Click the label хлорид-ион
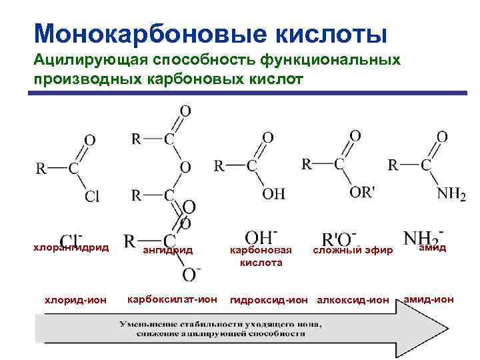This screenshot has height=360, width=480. pyautogui.click(x=75, y=300)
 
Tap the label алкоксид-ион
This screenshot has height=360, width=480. pyautogui.click(x=353, y=300)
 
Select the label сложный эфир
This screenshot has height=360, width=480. pyautogui.click(x=353, y=250)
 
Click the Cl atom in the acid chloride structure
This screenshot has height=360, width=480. pyautogui.click(x=92, y=196)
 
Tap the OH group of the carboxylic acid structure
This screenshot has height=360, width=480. pyautogui.click(x=273, y=193)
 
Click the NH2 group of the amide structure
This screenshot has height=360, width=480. pyautogui.click(x=451, y=193)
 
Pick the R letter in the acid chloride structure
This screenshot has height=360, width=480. pyautogui.click(x=41, y=168)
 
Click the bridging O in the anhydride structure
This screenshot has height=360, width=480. pyautogui.click(x=185, y=166)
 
